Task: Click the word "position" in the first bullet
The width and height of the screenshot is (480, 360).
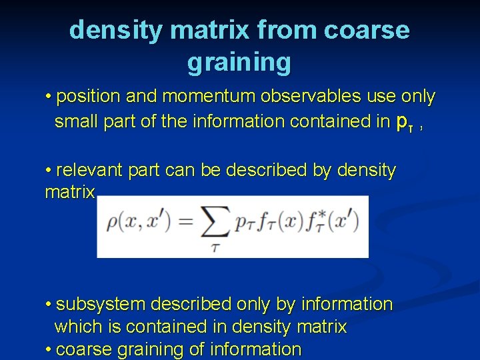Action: [x=89, y=97]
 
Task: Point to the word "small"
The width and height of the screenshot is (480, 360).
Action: [x=77, y=121]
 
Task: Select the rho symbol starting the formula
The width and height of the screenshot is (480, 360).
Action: [x=111, y=223]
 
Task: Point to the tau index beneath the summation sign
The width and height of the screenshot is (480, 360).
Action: [x=214, y=248]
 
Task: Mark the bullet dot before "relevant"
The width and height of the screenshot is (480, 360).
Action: [x=49, y=171]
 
